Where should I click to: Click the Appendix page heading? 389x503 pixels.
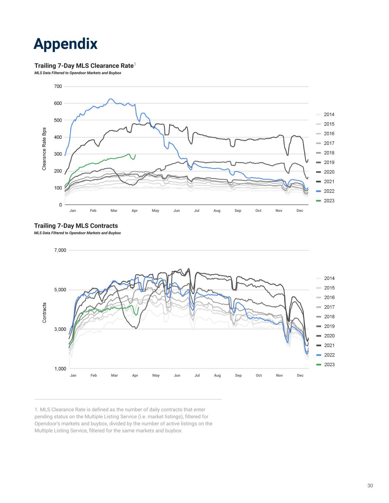pos(65,43)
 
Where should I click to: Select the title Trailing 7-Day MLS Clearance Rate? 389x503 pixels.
pos(84,66)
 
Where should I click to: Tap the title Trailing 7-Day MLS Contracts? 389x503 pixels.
pos(76,226)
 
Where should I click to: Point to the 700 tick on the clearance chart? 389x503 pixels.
pos(58,86)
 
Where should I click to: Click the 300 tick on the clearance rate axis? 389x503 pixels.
pos(58,154)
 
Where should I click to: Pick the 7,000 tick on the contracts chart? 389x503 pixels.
pos(60,250)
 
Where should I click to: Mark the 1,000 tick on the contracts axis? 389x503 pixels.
pos(60,368)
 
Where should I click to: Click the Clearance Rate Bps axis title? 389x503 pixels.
pos(44,149)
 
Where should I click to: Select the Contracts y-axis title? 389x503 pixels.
pos(44,313)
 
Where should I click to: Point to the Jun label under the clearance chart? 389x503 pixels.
pos(177,210)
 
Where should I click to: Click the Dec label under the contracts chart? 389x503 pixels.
pos(300,375)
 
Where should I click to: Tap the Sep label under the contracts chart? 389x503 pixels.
pos(238,375)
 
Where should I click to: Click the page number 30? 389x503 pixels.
pos(370,485)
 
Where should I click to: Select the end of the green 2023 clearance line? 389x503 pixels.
pos(135,155)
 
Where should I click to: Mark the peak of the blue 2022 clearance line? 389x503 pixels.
pos(110,99)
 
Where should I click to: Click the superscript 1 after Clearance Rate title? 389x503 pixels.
pos(135,64)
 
